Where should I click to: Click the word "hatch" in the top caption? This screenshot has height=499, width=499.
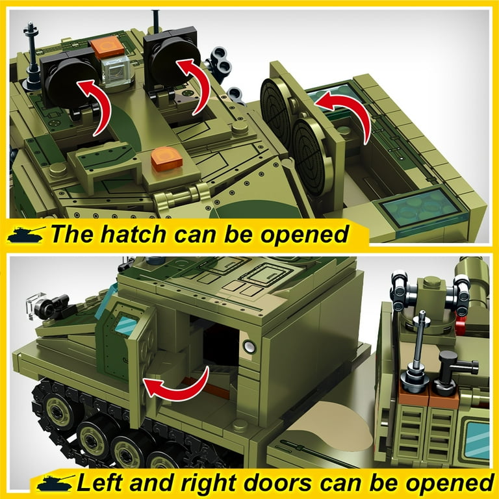tap(134, 234)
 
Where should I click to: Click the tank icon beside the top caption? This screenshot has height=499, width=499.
tap(25, 234)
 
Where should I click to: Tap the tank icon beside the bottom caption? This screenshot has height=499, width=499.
tap(56, 483)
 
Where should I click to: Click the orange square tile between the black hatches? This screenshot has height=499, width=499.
tap(107, 47)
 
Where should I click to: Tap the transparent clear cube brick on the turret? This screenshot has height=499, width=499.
tap(116, 71)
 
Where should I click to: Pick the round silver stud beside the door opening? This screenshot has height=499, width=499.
tap(249, 346)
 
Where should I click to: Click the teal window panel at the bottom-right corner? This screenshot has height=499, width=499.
tap(478, 440)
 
